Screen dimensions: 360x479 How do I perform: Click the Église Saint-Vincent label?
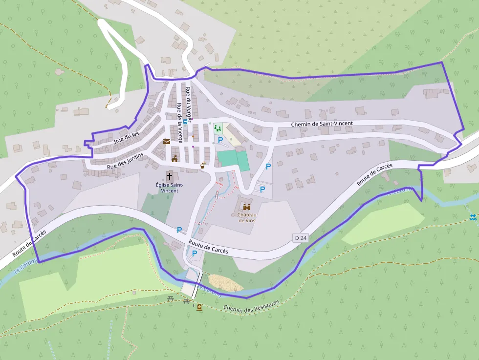(x=170, y=188)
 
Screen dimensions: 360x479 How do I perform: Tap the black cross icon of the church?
(x=170, y=175)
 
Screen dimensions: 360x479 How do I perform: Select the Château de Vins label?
(x=247, y=217)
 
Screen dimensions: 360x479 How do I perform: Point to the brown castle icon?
(x=247, y=207)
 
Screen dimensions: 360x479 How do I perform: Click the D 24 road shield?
(x=301, y=238)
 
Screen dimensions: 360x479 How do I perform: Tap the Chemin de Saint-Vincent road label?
(x=322, y=124)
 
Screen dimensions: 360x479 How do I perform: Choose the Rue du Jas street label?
(x=127, y=137)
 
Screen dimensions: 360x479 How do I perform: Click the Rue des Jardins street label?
(x=126, y=161)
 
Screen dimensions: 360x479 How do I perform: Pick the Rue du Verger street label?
(x=188, y=100)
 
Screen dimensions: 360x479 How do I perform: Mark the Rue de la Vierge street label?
(x=179, y=123)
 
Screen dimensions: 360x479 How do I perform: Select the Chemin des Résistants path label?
(x=251, y=306)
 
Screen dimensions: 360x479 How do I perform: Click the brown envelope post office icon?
(x=167, y=142)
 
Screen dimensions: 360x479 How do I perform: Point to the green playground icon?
(x=218, y=128)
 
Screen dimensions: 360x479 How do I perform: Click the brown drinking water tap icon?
(x=203, y=165)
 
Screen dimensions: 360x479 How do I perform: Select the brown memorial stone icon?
(x=199, y=307)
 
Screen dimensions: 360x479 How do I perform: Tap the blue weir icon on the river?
(x=473, y=216)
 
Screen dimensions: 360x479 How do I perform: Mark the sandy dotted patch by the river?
(x=225, y=282)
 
